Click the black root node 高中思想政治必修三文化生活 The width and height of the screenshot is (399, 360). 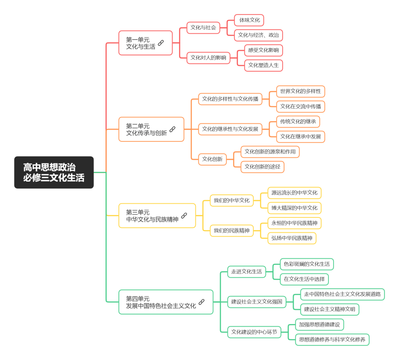pyautogui.click(x=54, y=172)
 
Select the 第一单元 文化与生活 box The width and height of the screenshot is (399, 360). pyautogui.click(x=146, y=43)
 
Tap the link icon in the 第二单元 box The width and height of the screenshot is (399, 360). pyautogui.click(x=172, y=129)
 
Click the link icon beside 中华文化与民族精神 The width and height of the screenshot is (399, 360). pyautogui.click(x=184, y=216)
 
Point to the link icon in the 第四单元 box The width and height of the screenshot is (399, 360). pyautogui.click(x=201, y=302)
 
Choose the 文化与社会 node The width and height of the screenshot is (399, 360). pyautogui.click(x=203, y=28)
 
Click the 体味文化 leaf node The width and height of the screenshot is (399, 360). pyautogui.click(x=249, y=20)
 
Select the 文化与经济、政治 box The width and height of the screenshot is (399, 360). pyautogui.click(x=258, y=35)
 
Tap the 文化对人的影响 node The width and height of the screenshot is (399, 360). pyautogui.click(x=208, y=58)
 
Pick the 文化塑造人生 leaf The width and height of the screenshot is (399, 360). pyautogui.click(x=263, y=65)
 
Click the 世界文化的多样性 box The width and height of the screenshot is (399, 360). pyautogui.click(x=300, y=92)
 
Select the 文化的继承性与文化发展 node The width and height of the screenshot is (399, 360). pyautogui.click(x=230, y=129)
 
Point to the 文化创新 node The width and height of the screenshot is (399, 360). pyautogui.click(x=212, y=159)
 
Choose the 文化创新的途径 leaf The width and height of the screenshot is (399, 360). pyautogui.click(x=262, y=167)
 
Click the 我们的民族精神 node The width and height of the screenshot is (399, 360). pyautogui.click(x=231, y=231)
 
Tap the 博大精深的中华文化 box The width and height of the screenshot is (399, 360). pyautogui.click(x=295, y=208)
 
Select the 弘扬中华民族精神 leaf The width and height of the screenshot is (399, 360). pyautogui.click(x=292, y=238)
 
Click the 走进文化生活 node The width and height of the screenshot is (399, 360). pyautogui.click(x=247, y=272)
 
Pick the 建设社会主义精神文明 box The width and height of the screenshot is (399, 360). pyautogui.click(x=330, y=309)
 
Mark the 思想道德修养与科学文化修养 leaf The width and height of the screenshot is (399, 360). pyautogui.click(x=332, y=340)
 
